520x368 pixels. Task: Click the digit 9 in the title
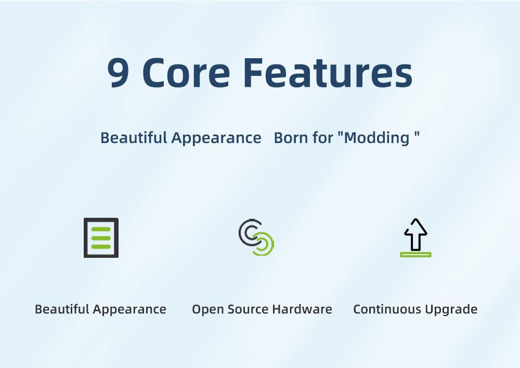pos(118,73)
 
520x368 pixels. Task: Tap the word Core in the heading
pos(186,73)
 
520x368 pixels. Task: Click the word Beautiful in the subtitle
pos(134,137)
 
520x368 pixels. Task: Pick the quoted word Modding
pos(379,138)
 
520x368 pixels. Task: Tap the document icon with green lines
pos(101,238)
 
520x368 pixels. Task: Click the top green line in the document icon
pos(101,229)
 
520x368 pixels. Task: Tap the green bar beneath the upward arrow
pos(415,255)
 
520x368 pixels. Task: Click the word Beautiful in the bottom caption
pos(62,309)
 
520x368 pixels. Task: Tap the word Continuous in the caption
pos(387,309)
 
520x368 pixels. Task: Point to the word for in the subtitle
pos(323,138)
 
